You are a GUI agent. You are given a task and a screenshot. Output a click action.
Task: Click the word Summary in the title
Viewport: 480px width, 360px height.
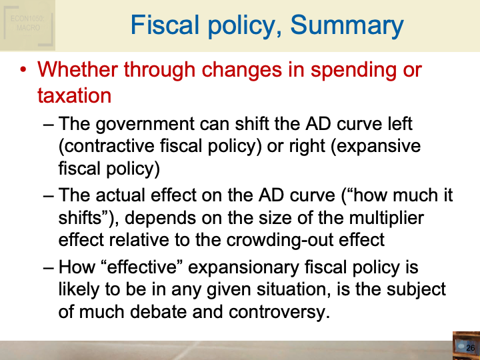(x=347, y=26)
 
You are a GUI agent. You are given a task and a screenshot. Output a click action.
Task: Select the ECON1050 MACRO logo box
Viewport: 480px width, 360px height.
(x=27, y=25)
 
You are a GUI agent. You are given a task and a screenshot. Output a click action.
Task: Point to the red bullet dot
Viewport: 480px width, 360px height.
(x=23, y=70)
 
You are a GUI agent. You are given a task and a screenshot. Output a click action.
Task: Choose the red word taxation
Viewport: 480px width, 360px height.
(x=74, y=95)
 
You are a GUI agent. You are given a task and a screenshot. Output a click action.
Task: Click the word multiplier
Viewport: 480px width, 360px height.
(x=386, y=219)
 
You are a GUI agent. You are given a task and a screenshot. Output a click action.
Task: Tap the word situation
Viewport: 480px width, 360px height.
(x=294, y=289)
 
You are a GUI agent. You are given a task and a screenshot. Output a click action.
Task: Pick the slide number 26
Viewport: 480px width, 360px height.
(x=470, y=348)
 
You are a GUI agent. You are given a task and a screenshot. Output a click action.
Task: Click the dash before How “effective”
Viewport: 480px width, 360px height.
(x=49, y=267)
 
